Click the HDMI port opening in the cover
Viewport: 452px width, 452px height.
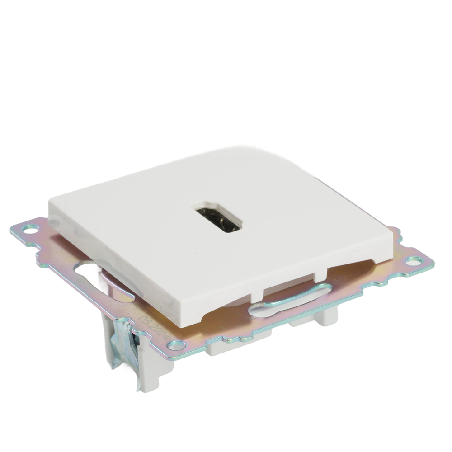coord(219,219)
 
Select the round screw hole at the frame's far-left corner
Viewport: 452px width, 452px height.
coord(30,229)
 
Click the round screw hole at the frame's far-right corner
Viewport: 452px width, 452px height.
coord(413,261)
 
